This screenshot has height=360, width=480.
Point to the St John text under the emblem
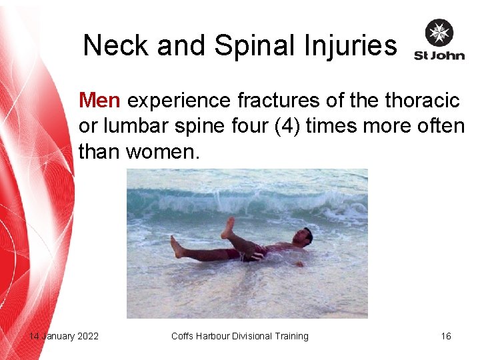[439, 55]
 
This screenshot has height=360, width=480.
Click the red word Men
[99, 101]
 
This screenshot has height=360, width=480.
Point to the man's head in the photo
[305, 235]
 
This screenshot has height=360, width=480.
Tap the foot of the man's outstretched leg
[176, 247]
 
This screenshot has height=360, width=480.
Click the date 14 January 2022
[63, 336]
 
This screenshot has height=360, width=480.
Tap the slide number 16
[446, 336]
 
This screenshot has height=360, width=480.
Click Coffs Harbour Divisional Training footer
[240, 336]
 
